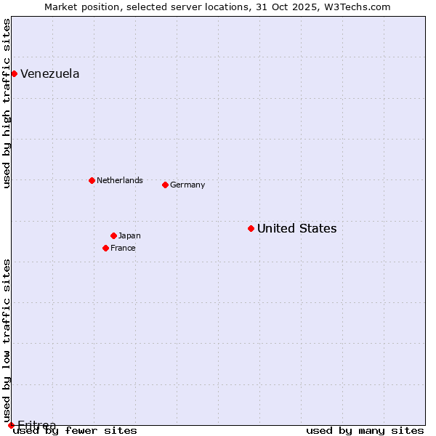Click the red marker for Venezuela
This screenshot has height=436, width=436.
tap(14, 73)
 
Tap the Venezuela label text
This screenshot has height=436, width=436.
tap(49, 73)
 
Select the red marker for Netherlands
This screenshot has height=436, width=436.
tap(92, 180)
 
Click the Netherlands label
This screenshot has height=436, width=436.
tap(119, 180)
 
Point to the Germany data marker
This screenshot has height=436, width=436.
tap(165, 185)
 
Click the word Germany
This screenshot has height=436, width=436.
tap(187, 185)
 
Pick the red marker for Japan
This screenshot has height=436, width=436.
tap(113, 235)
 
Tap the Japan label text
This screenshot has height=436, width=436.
tap(129, 235)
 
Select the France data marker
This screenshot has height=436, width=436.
tap(105, 248)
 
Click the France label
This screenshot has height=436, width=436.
tap(123, 248)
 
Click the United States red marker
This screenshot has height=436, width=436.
tap(251, 228)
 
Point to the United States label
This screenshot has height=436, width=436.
tap(296, 228)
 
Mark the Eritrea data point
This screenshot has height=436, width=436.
tap(11, 425)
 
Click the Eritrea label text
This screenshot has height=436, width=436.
tap(36, 424)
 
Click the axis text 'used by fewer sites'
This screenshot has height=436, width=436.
tap(75, 431)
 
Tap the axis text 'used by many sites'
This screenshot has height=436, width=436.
tap(365, 431)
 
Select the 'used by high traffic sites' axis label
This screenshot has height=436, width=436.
tap(7, 103)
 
